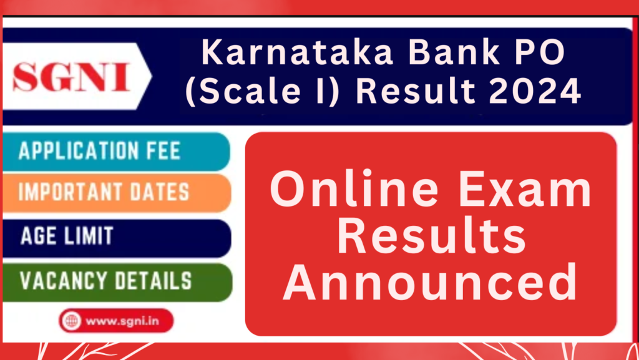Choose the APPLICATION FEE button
(x=116, y=151)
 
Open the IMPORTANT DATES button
(x=116, y=192)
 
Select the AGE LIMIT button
(x=116, y=236)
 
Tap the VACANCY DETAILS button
(x=116, y=281)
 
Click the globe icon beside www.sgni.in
(x=71, y=321)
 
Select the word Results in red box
(x=431, y=237)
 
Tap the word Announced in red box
(x=431, y=282)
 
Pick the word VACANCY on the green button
(x=63, y=281)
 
